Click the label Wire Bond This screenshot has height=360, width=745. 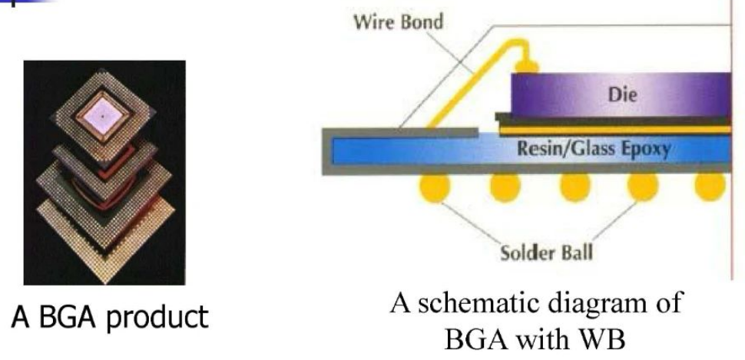[x=397, y=21]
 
